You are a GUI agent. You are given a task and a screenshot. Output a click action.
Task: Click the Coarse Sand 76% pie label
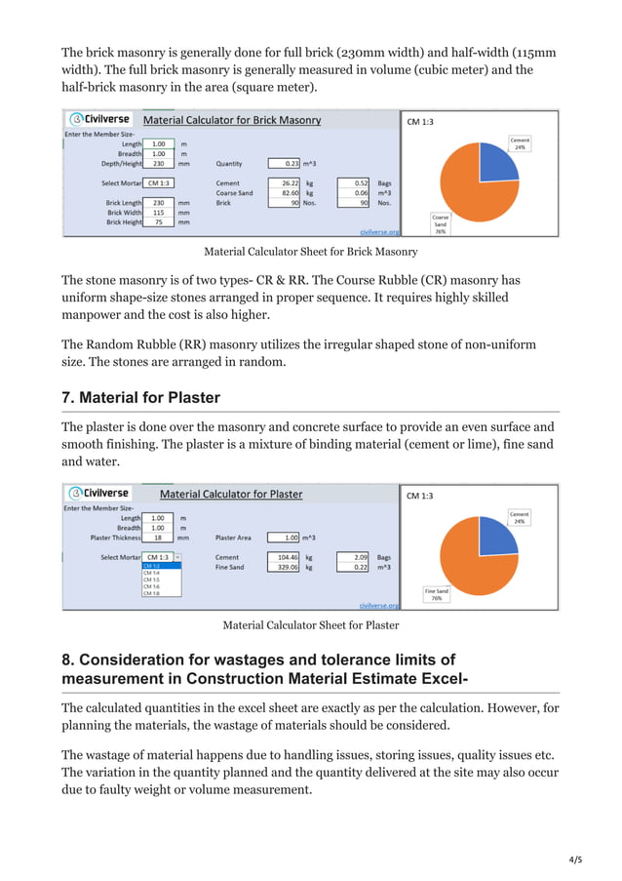coord(441,224)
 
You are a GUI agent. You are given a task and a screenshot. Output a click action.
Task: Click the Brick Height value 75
coord(158,222)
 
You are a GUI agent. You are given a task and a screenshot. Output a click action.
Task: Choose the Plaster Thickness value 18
coord(158,538)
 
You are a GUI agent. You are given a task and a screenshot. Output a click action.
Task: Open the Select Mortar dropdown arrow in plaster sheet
coord(176,557)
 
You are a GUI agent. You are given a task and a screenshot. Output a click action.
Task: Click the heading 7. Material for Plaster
coord(140,397)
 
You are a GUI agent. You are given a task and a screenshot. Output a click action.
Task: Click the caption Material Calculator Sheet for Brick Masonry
coord(310,252)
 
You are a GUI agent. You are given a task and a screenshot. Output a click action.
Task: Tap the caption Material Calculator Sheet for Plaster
coord(310,625)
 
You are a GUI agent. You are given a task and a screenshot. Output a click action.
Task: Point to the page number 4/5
coord(575,860)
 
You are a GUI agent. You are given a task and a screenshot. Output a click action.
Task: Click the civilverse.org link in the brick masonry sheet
coord(379,232)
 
